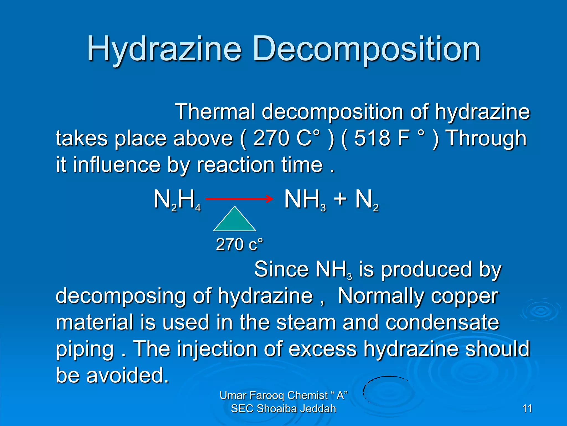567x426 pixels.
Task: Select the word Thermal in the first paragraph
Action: click(214, 112)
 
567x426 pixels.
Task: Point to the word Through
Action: click(487, 138)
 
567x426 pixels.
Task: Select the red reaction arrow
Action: click(239, 199)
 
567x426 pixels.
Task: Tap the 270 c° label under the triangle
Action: click(239, 244)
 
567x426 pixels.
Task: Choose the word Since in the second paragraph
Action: click(281, 269)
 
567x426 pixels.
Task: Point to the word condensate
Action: click(442, 322)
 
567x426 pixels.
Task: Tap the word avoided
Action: click(127, 375)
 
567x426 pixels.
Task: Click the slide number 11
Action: click(527, 409)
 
